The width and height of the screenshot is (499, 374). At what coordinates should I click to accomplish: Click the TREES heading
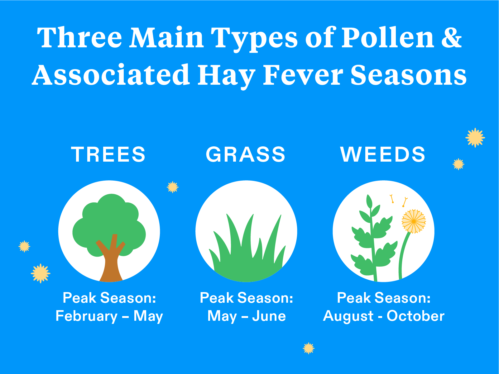(x=108, y=154)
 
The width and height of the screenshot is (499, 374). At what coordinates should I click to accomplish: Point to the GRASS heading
(x=246, y=154)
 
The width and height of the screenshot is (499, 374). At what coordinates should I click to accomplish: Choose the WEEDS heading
(x=383, y=154)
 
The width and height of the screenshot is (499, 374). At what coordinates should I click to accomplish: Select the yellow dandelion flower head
(x=414, y=221)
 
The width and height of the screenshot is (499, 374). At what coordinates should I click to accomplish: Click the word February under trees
(x=86, y=316)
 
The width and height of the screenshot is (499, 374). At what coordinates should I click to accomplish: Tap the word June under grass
(x=269, y=316)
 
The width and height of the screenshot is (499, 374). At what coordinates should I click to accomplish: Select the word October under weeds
(x=415, y=316)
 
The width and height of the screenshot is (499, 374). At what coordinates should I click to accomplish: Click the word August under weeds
(x=348, y=316)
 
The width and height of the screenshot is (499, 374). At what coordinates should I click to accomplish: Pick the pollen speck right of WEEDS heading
(x=458, y=164)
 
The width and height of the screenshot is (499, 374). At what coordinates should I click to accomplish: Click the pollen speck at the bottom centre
(x=309, y=348)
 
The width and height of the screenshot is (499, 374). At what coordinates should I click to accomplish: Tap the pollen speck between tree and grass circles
(x=172, y=187)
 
